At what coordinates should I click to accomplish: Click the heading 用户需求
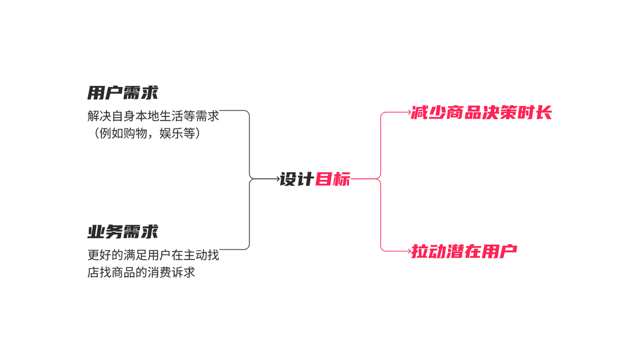122,92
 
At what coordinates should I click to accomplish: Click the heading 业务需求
122,232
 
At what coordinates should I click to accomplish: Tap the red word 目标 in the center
333,179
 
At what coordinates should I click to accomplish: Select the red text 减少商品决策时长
481,112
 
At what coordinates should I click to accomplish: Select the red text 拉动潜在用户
464,251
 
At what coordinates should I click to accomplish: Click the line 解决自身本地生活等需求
153,116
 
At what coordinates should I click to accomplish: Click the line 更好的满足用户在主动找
153,255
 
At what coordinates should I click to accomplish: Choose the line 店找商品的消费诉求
141,272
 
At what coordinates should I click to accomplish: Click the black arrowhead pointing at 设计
278,179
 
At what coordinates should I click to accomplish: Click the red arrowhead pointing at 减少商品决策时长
409,112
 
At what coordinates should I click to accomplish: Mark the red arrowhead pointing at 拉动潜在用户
409,251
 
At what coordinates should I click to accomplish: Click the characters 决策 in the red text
499,112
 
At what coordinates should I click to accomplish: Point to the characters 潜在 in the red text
464,251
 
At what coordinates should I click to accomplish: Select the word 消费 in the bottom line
159,272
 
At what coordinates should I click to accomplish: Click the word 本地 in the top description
147,116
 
